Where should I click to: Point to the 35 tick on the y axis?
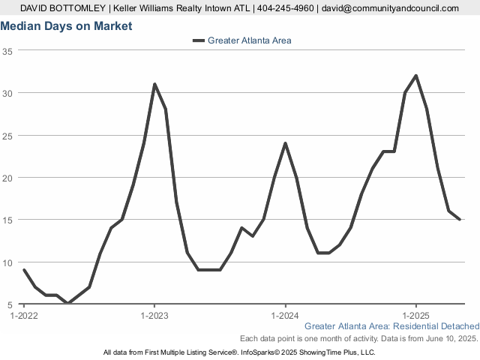click(x=7, y=51)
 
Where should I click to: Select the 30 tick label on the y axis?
click(x=7, y=93)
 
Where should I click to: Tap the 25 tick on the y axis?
click(x=7, y=136)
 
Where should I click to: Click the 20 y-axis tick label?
click(x=7, y=178)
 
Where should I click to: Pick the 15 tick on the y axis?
click(x=7, y=220)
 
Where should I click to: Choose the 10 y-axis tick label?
click(x=7, y=262)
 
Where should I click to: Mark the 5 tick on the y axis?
click(x=10, y=304)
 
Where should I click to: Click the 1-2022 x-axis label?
click(x=24, y=316)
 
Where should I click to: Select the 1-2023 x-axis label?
click(x=154, y=316)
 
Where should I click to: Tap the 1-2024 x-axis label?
click(x=285, y=316)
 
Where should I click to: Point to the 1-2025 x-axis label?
click(x=416, y=316)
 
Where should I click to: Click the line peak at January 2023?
click(x=154, y=84)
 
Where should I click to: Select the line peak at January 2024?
click(x=285, y=143)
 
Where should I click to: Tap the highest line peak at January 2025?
click(x=416, y=76)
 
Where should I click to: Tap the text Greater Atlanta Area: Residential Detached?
click(x=392, y=326)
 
